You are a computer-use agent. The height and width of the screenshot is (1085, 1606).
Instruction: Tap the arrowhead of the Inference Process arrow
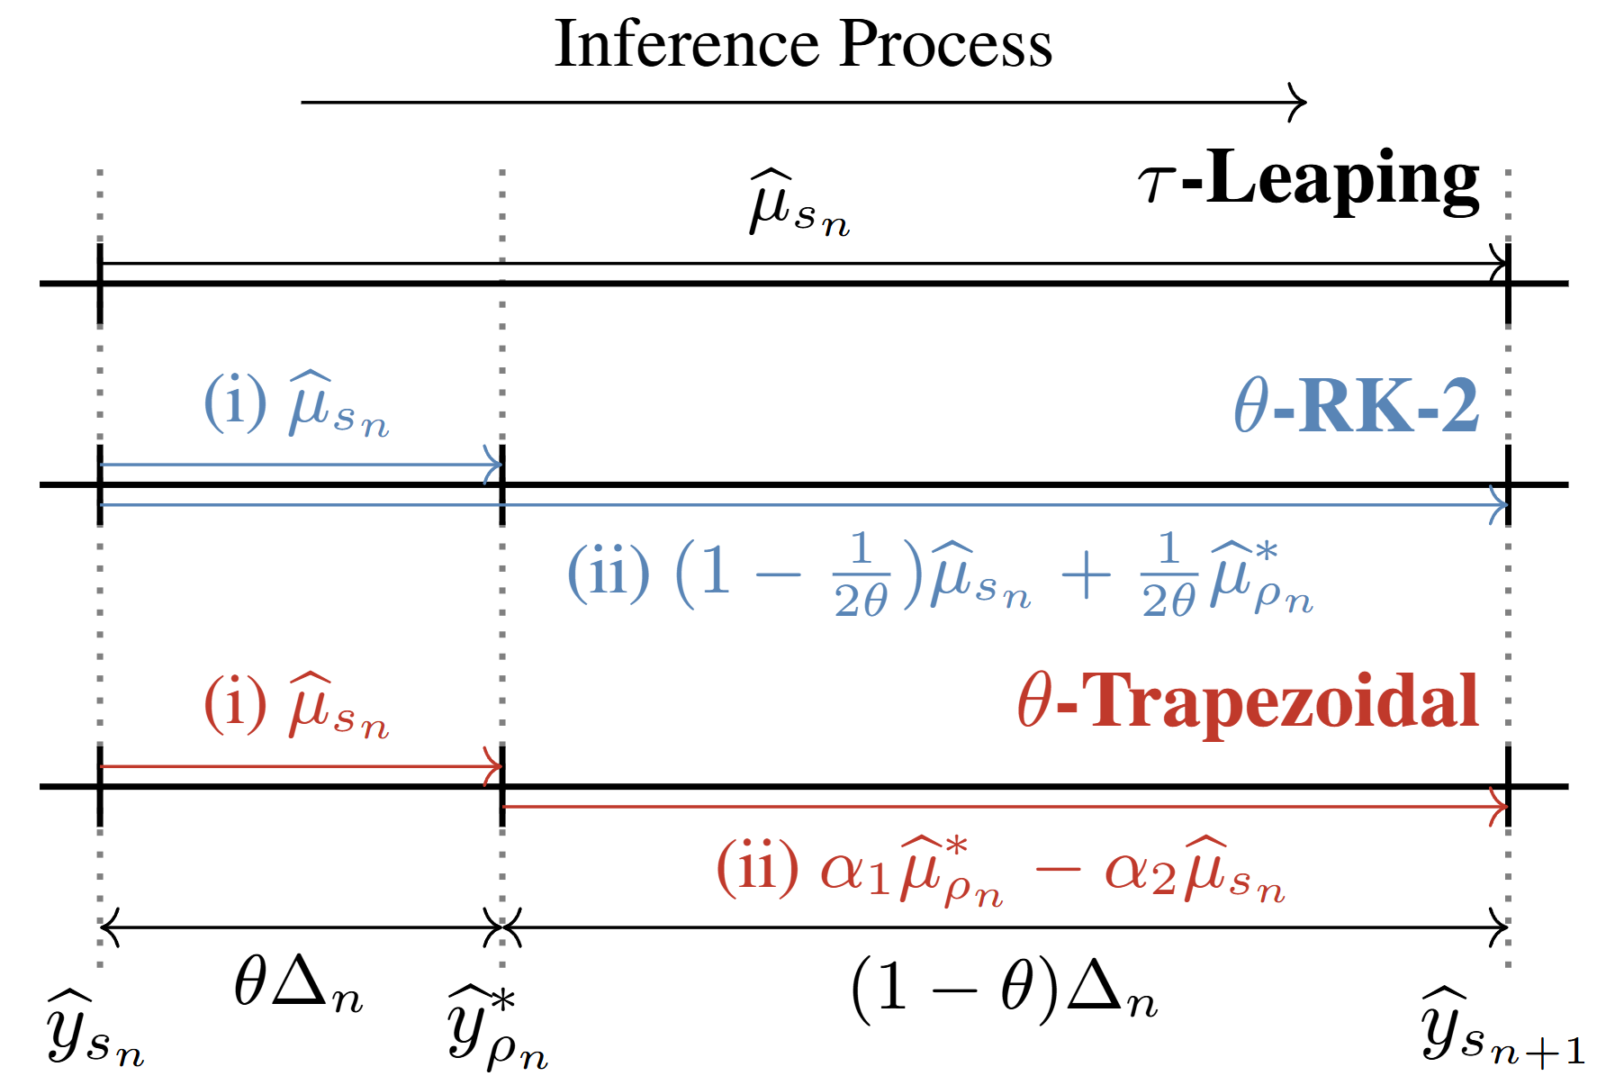(x=1299, y=103)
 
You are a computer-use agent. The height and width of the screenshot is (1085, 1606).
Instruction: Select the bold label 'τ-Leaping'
(x=1309, y=180)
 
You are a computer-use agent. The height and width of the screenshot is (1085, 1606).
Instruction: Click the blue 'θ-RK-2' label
(x=1356, y=407)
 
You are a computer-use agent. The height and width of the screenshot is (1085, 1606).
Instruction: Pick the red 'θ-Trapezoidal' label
(x=1248, y=702)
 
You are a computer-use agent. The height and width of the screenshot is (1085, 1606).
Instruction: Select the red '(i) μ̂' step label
(x=296, y=706)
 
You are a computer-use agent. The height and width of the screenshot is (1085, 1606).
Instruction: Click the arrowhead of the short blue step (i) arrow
(x=495, y=465)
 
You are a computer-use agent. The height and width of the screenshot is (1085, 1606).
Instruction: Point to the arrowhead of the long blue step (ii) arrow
(x=1502, y=505)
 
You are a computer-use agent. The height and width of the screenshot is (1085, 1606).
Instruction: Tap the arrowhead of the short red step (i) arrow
(x=495, y=766)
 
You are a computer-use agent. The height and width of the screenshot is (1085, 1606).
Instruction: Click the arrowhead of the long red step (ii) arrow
(x=1502, y=806)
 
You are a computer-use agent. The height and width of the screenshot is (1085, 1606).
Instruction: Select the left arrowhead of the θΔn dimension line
(x=106, y=927)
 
